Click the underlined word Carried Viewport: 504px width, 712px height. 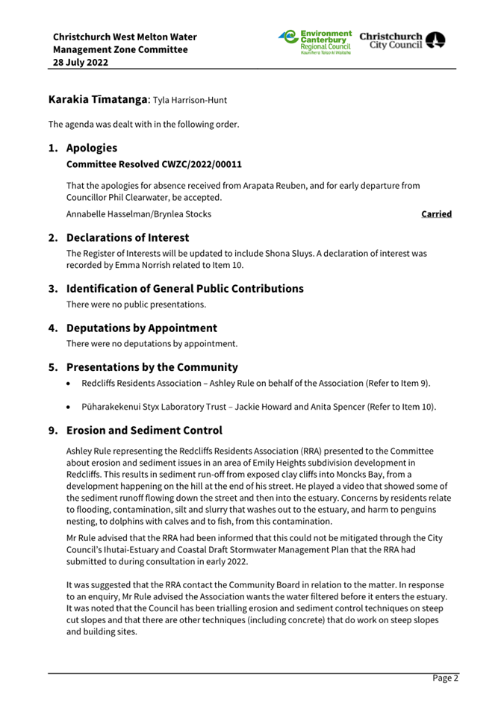pyautogui.click(x=436, y=214)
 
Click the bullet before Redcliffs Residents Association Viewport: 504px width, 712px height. pyautogui.click(x=69, y=384)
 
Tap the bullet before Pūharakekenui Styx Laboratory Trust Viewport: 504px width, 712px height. pyautogui.click(x=69, y=407)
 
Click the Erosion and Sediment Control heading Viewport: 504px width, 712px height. pyautogui.click(x=144, y=431)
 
